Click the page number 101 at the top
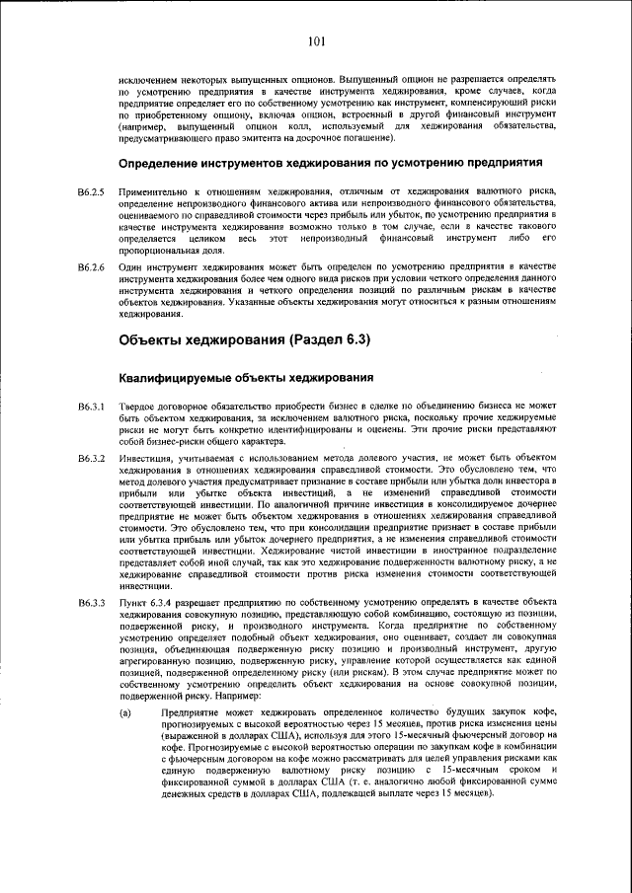(x=316, y=40)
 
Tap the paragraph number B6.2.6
(x=91, y=267)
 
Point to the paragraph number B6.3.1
(x=91, y=407)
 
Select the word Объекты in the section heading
(x=157, y=340)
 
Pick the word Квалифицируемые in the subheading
(x=179, y=378)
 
